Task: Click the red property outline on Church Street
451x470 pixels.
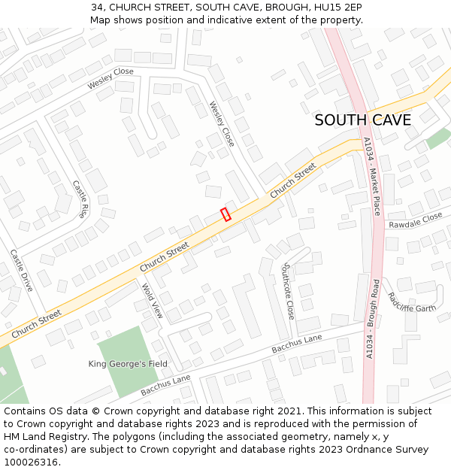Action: [x=225, y=214]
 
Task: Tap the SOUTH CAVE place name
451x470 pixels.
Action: [x=362, y=120]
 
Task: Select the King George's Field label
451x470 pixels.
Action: [x=128, y=364]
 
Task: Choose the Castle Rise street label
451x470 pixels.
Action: [x=80, y=199]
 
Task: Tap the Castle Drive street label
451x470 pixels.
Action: [x=21, y=271]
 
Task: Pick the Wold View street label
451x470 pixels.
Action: [x=153, y=300]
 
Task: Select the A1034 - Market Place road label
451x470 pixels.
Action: [x=371, y=176]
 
